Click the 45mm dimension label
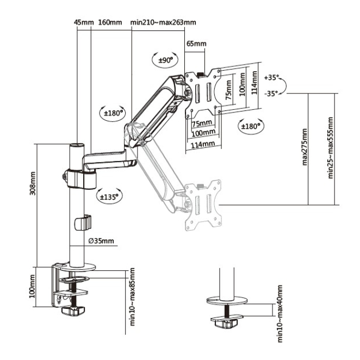click(x=84, y=22)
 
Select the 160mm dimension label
click(x=110, y=22)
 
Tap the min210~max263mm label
click(x=163, y=22)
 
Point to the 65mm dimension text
click(x=196, y=44)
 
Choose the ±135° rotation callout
click(x=109, y=196)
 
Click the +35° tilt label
click(x=271, y=77)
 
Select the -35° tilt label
click(x=271, y=94)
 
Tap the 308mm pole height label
click(x=33, y=183)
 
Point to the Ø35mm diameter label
click(x=101, y=241)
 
